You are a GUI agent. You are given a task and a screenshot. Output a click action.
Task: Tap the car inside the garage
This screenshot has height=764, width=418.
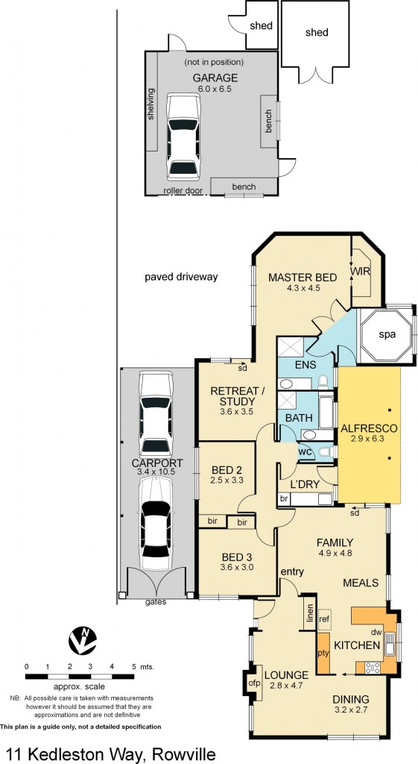coord(183,136)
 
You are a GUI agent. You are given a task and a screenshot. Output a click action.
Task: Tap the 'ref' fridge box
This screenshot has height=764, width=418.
coord(324,619)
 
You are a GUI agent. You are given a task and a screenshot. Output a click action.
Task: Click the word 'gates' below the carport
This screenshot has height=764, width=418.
coord(155,601)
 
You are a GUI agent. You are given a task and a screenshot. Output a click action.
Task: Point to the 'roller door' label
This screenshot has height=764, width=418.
coord(183,190)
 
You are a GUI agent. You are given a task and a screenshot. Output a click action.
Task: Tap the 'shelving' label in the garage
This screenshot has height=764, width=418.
coord(151,104)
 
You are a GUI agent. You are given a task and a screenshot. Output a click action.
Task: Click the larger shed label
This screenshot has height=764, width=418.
coord(317,32)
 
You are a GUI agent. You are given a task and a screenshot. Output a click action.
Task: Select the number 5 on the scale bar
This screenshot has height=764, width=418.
coord(134,666)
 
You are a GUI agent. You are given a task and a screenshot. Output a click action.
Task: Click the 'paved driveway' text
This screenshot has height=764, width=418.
coord(181,277)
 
